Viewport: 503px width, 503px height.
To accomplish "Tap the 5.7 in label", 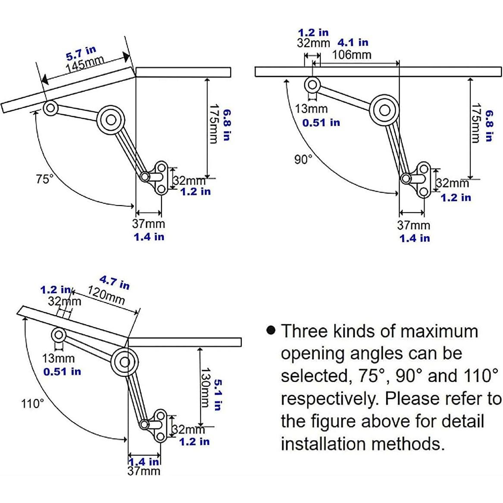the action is pos(81,53).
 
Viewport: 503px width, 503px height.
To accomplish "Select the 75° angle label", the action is pos(44,179).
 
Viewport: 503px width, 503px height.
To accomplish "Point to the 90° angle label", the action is pos(303,159).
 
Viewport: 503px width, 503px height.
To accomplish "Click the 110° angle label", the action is pos(32,403).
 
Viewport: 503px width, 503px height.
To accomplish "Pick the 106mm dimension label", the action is pos(352,55).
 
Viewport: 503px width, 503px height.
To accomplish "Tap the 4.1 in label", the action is pos(353,42).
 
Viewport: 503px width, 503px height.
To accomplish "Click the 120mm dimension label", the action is pos(106,295).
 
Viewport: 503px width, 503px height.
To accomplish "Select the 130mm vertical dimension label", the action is pos(205,387).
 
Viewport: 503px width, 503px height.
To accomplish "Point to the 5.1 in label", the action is pos(218,395).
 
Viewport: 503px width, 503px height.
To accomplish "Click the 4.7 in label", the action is pos(115,282).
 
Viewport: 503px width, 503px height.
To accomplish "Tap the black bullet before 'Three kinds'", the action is pos(271,330).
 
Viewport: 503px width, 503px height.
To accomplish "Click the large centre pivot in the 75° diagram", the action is pos(111,120).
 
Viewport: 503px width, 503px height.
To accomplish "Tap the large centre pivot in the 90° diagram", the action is pos(384,110).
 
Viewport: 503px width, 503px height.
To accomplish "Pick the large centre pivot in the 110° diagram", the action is pos(125,362).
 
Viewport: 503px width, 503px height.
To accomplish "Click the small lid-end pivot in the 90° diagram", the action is pos(312,85).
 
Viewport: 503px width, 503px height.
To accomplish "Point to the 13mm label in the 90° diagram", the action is pos(311,109).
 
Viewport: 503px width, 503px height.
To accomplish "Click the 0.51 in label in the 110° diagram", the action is pos(62,372).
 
